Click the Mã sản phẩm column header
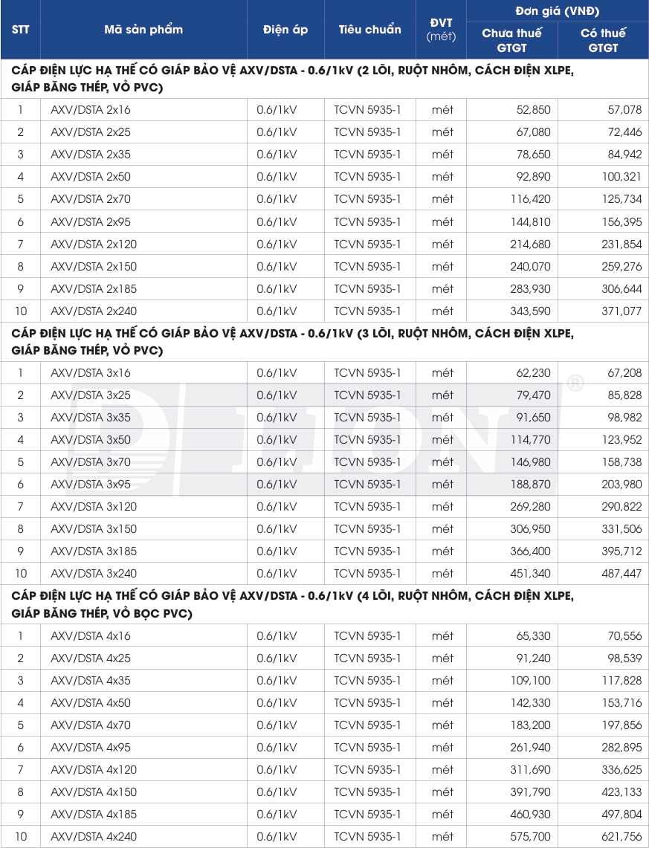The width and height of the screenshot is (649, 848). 143,30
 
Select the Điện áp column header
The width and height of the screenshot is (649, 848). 285,30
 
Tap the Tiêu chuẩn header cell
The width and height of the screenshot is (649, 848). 369,30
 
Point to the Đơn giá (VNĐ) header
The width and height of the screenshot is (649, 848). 557,11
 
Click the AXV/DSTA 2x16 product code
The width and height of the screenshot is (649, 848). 91,110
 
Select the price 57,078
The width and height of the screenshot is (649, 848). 604,110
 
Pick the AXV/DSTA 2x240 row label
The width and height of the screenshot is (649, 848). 94,311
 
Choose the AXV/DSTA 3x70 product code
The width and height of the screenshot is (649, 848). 91,462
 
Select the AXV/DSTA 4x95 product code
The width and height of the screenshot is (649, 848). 91,748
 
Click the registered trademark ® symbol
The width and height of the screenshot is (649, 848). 575,383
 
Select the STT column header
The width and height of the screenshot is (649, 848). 20,30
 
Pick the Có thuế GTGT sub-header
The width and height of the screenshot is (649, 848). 603,40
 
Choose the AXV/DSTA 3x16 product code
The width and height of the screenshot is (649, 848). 91,373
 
